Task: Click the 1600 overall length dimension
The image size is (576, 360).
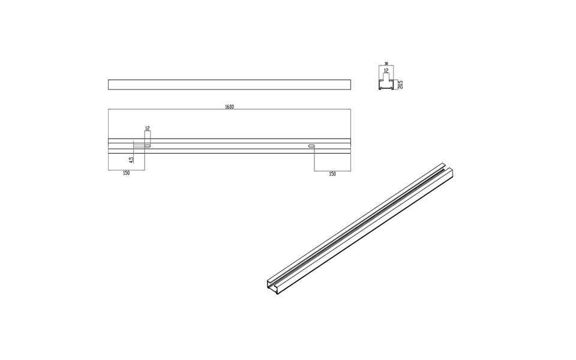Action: click(x=229, y=107)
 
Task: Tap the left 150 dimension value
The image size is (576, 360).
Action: click(x=126, y=173)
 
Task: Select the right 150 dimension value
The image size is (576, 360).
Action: click(x=332, y=173)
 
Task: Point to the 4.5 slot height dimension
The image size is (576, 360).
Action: click(x=131, y=160)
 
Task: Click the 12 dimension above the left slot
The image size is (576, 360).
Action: click(x=147, y=128)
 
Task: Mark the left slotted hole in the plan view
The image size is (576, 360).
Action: click(x=147, y=146)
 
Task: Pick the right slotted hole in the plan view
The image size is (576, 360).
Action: click(x=311, y=146)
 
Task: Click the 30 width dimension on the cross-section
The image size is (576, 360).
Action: click(x=386, y=63)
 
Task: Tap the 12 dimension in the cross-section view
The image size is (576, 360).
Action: click(x=386, y=70)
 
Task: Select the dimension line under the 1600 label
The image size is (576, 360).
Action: click(x=229, y=110)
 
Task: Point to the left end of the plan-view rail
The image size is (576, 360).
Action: click(x=109, y=146)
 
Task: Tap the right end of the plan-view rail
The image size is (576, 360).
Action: click(x=350, y=146)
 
